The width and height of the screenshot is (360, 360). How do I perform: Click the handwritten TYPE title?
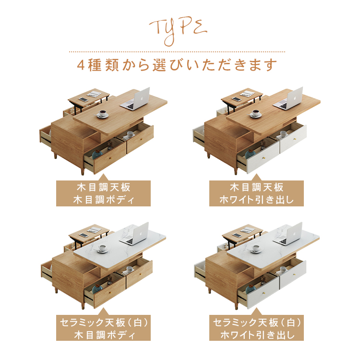(x=178, y=31)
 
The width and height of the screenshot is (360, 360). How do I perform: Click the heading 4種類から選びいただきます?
(x=177, y=65)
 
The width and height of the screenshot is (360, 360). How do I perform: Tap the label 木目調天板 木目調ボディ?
(x=103, y=193)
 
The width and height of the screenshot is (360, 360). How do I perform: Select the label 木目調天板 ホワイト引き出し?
(x=256, y=193)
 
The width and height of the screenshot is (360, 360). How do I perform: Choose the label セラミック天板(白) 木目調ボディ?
(x=103, y=328)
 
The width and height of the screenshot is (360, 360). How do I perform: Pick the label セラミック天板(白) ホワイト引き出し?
(x=256, y=328)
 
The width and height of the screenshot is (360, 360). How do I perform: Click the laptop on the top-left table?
(x=135, y=99)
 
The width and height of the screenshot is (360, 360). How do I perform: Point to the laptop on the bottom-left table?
(x=134, y=234)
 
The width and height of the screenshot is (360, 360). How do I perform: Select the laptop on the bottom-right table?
(x=288, y=234)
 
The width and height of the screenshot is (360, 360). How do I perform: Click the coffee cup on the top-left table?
(x=102, y=114)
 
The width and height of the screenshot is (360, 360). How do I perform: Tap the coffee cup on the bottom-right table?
(x=255, y=249)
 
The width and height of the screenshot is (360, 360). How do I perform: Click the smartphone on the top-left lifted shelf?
(x=84, y=99)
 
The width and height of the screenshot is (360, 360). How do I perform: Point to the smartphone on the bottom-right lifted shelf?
(x=237, y=235)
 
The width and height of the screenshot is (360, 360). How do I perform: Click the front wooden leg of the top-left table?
(x=83, y=171)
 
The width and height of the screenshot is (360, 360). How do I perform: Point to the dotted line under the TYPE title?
(x=177, y=52)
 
